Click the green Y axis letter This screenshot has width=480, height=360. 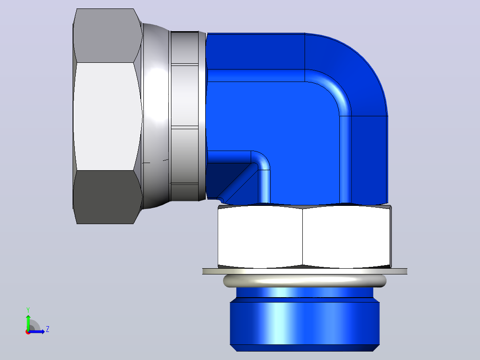28,310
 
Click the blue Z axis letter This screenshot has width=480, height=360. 48,329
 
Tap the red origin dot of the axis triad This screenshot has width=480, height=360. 28,332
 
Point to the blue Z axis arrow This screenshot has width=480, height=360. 37,332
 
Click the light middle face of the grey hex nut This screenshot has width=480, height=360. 108,116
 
